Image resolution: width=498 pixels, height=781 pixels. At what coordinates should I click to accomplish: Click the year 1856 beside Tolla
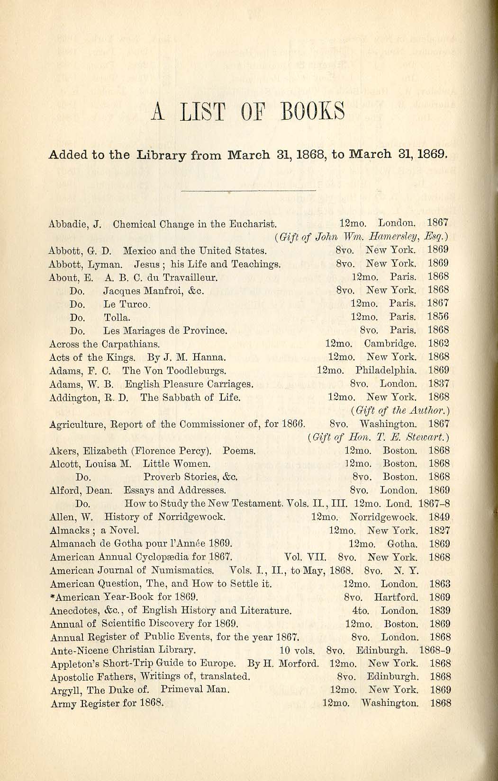[438, 317]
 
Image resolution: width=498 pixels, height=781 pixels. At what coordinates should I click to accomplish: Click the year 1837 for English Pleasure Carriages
[438, 383]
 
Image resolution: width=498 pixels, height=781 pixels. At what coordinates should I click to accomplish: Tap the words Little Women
[177, 463]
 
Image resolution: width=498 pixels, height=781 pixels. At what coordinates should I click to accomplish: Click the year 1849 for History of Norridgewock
[439, 517]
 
